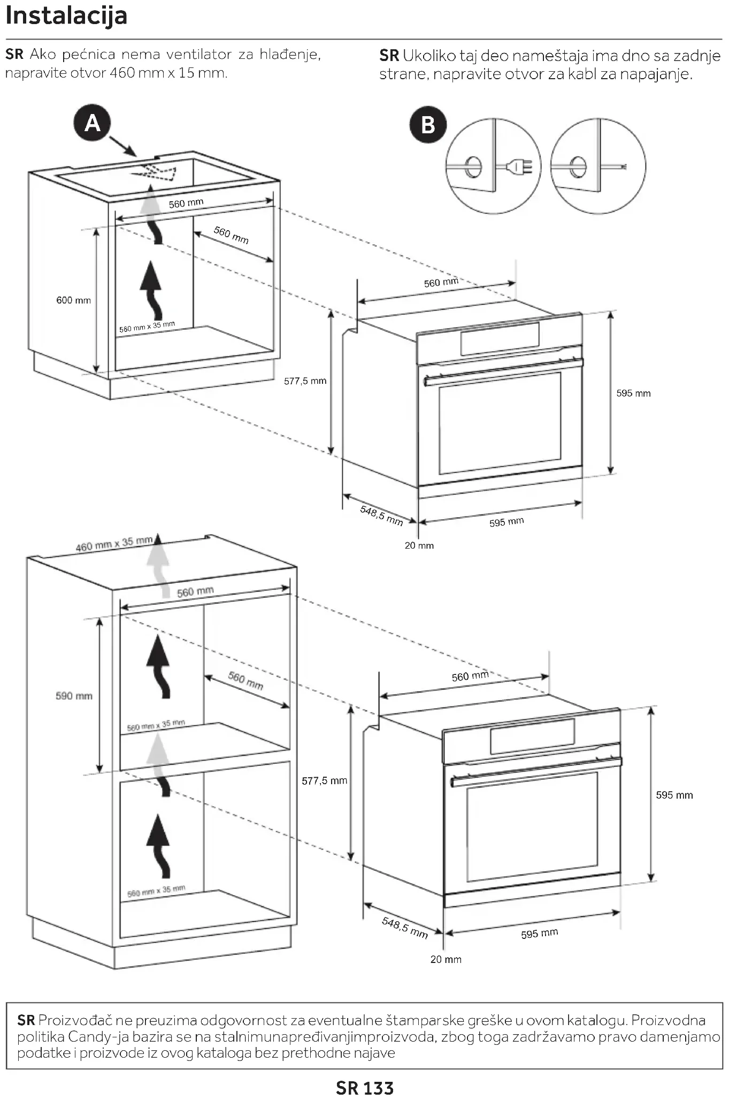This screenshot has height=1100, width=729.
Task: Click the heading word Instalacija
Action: pos(66,16)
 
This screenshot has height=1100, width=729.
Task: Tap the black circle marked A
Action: pos(92,124)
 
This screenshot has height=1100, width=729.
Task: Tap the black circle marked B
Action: pos(428,125)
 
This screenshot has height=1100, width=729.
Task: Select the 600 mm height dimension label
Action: pos(73,300)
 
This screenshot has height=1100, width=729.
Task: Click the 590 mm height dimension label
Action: pos(74,696)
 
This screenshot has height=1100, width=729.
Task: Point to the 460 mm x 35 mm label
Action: pos(114,544)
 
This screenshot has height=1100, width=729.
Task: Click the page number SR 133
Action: pos(364,1088)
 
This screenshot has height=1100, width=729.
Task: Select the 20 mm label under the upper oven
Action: pos(419,545)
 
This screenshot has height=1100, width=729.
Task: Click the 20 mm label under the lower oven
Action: pos(446,959)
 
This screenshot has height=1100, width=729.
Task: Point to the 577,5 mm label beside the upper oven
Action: pos(305,381)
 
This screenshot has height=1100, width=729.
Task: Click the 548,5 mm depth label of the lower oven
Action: pos(405,928)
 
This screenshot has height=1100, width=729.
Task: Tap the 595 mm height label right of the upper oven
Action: pos(633,393)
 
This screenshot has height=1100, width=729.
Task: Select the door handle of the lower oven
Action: pos(535,771)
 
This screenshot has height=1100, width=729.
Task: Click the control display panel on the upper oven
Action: pos(500,339)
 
